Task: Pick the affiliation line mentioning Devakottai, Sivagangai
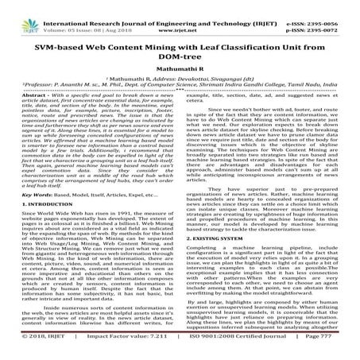[179, 80]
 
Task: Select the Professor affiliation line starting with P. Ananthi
[179, 88]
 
